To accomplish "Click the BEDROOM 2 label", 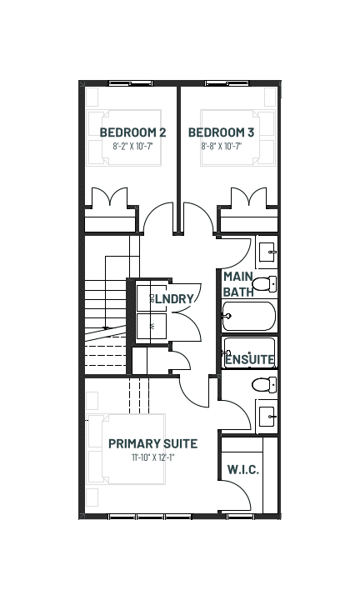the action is [132, 132].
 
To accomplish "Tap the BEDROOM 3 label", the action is [221, 132].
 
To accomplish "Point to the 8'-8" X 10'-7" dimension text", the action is [222, 146].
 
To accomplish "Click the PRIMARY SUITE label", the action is [153, 443].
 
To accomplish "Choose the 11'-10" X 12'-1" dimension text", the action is [153, 457].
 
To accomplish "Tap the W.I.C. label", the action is [243, 469].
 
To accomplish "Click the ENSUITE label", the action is [250, 360].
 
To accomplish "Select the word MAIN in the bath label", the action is [238, 277].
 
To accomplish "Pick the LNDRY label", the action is [174, 299].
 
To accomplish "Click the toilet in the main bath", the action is [264, 284].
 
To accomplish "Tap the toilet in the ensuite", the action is [264, 384].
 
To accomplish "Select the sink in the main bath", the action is [267, 253].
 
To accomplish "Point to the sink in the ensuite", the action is [267, 417].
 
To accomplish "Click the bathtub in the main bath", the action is [248, 316].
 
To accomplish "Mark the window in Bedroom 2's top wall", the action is [131, 83].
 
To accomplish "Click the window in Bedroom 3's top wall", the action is [227, 83].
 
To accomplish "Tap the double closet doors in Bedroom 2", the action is [110, 197].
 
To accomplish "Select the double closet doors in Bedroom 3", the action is [249, 197].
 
